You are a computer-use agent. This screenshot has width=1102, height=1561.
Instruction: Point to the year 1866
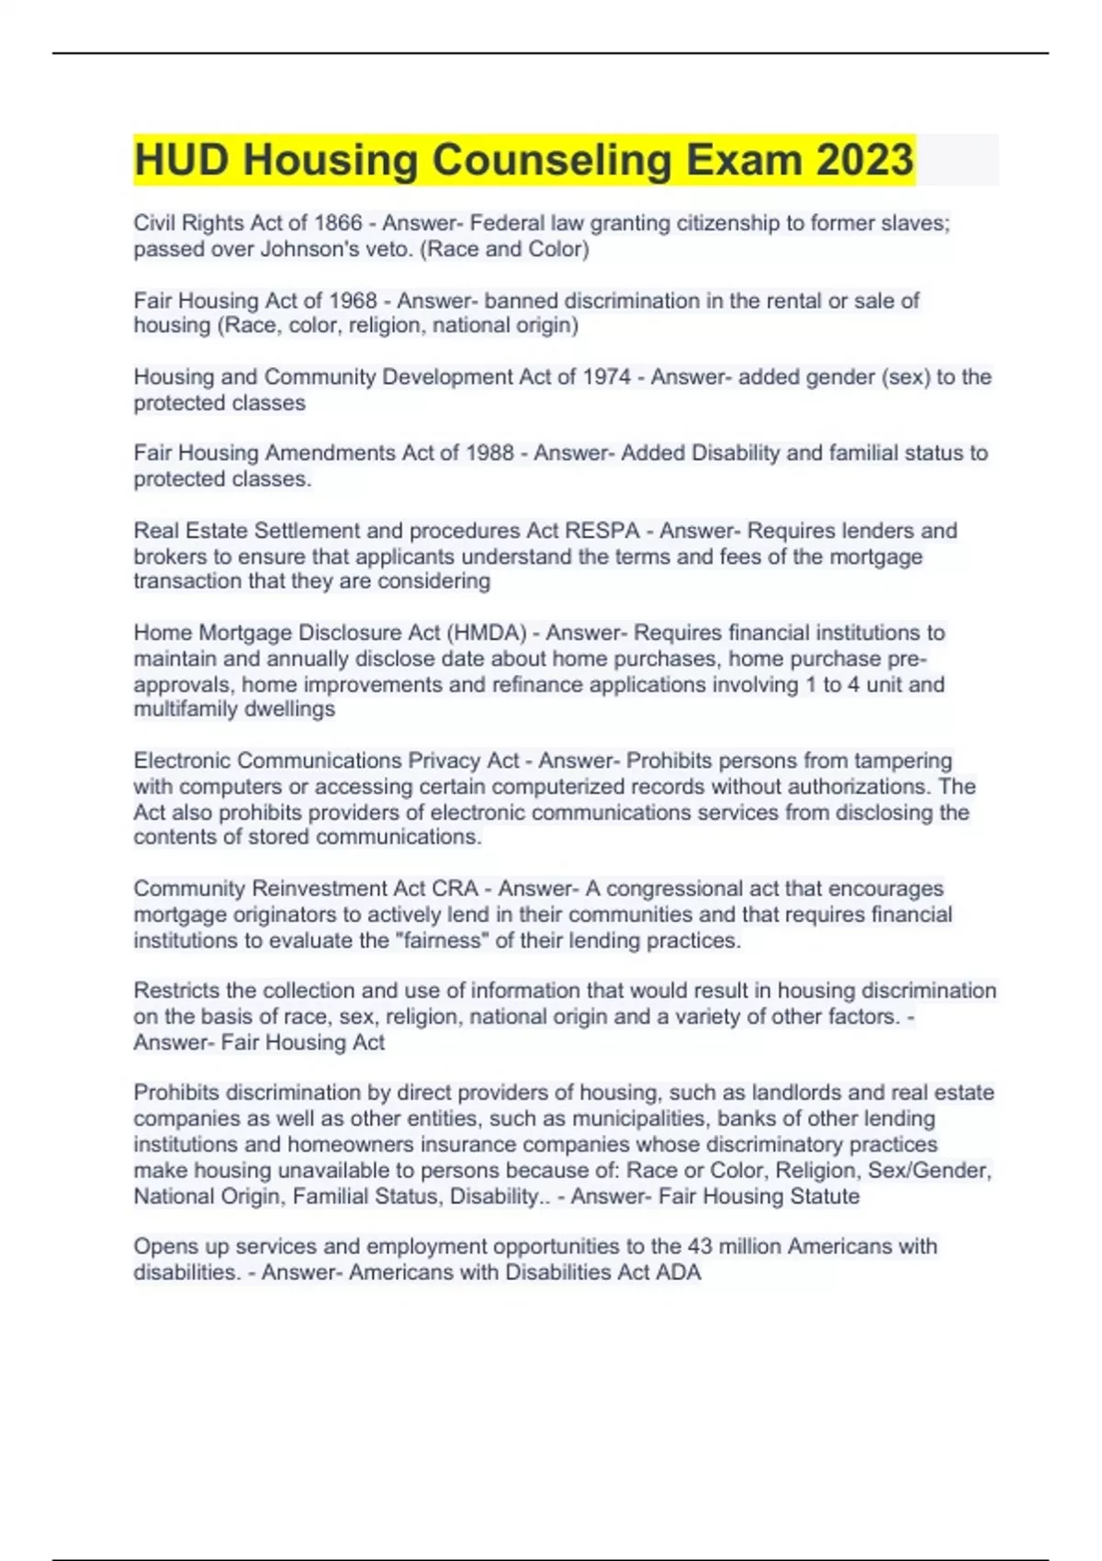click(x=338, y=223)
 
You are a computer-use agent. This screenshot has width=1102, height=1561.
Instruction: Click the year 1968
click(x=353, y=300)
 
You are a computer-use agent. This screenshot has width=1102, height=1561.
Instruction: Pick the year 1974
click(x=606, y=376)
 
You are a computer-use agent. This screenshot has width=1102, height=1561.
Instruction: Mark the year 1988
click(x=489, y=453)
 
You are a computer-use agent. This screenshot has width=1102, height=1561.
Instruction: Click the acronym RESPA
click(x=602, y=531)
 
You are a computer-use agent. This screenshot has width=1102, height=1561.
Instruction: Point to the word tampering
click(x=903, y=760)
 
